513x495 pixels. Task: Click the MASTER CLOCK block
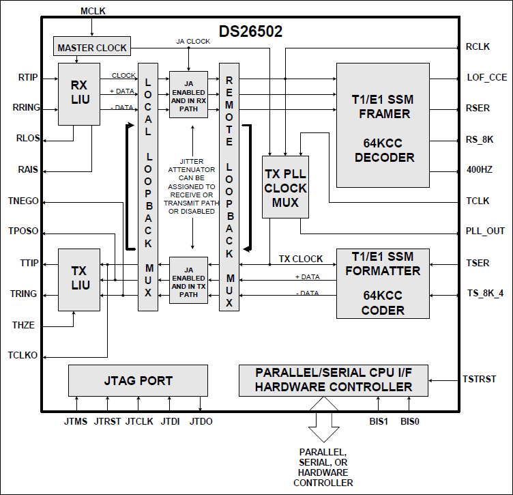tap(92, 48)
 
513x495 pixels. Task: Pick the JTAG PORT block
tap(138, 380)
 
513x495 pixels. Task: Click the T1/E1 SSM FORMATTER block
tap(383, 283)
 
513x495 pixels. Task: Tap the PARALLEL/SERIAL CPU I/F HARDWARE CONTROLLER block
tap(334, 380)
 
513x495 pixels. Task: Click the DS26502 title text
tap(250, 31)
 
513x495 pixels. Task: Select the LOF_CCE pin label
tap(486, 77)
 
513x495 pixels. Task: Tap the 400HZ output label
tap(480, 169)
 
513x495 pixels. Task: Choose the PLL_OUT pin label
tap(486, 231)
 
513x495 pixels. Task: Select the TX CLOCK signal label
tap(300, 259)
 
